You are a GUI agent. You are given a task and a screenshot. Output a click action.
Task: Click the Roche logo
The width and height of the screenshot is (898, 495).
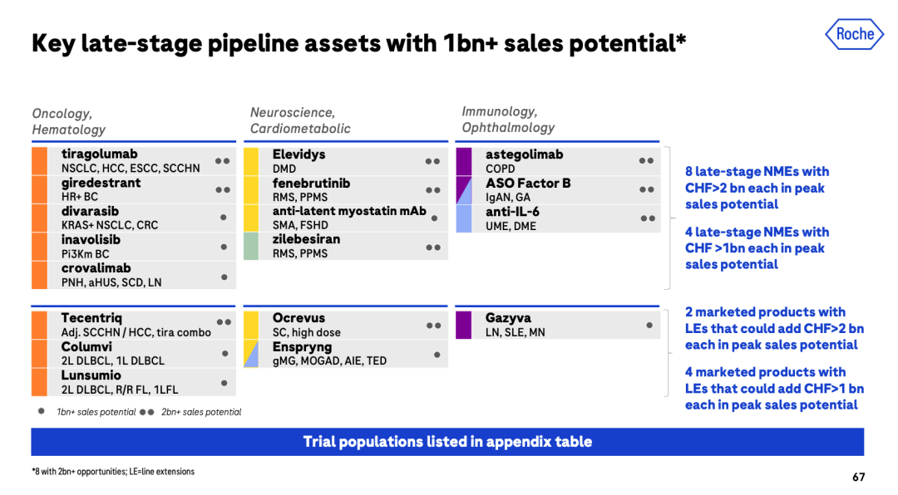854,34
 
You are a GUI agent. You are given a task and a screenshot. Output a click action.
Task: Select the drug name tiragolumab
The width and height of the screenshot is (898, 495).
99,154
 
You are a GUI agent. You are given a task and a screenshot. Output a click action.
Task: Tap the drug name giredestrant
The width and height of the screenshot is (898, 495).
101,183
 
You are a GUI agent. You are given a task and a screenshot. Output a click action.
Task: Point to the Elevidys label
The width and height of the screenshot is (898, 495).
299,154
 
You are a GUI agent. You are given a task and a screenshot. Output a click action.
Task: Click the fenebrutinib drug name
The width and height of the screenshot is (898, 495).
311,183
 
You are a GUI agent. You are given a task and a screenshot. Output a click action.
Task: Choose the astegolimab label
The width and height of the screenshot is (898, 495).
524,154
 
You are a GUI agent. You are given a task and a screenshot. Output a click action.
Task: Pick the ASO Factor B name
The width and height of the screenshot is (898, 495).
528,183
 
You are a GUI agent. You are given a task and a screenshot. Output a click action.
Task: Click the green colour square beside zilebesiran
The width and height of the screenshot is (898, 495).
251,246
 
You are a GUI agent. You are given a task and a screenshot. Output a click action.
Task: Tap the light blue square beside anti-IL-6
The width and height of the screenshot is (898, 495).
464,218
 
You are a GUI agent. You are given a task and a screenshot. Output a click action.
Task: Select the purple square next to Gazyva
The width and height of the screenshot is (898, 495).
463,325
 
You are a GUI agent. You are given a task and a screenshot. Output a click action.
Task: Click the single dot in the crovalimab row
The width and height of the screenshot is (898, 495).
224,277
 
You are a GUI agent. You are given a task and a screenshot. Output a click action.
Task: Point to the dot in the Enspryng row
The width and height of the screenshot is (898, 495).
437,355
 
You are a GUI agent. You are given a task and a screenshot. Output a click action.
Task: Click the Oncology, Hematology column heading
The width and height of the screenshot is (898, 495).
69,121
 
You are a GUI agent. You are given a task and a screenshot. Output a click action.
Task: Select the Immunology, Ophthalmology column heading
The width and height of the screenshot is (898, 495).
508,120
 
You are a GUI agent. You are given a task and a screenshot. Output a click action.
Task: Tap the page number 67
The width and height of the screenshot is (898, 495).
858,477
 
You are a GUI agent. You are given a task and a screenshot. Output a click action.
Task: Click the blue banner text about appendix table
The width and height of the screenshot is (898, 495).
447,442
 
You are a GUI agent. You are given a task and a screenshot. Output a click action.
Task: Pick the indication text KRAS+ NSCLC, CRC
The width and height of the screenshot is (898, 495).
110,225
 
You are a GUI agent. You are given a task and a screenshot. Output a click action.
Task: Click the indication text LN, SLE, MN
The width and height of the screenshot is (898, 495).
515,332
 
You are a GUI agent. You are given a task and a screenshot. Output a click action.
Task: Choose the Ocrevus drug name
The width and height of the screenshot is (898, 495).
299,317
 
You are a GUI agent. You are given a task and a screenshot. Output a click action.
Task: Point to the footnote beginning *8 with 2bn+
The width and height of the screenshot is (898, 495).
113,472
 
